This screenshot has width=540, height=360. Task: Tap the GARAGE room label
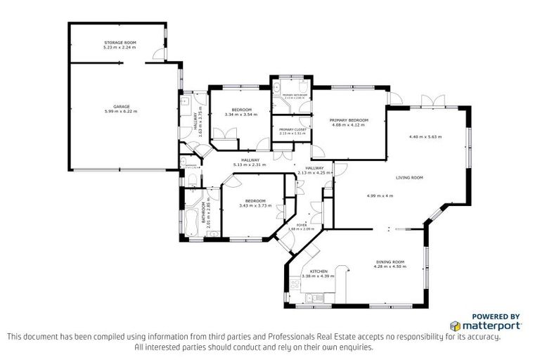tap(121, 107)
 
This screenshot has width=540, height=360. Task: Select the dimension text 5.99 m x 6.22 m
tap(121, 112)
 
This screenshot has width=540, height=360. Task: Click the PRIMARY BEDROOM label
tap(349, 120)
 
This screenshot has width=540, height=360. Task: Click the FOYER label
tap(311, 225)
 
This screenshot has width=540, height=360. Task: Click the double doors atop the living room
tap(430, 101)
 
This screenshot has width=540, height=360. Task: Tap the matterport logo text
tap(491, 326)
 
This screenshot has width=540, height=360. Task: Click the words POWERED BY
tap(495, 316)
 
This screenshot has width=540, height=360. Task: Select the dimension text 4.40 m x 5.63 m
tap(425, 137)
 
